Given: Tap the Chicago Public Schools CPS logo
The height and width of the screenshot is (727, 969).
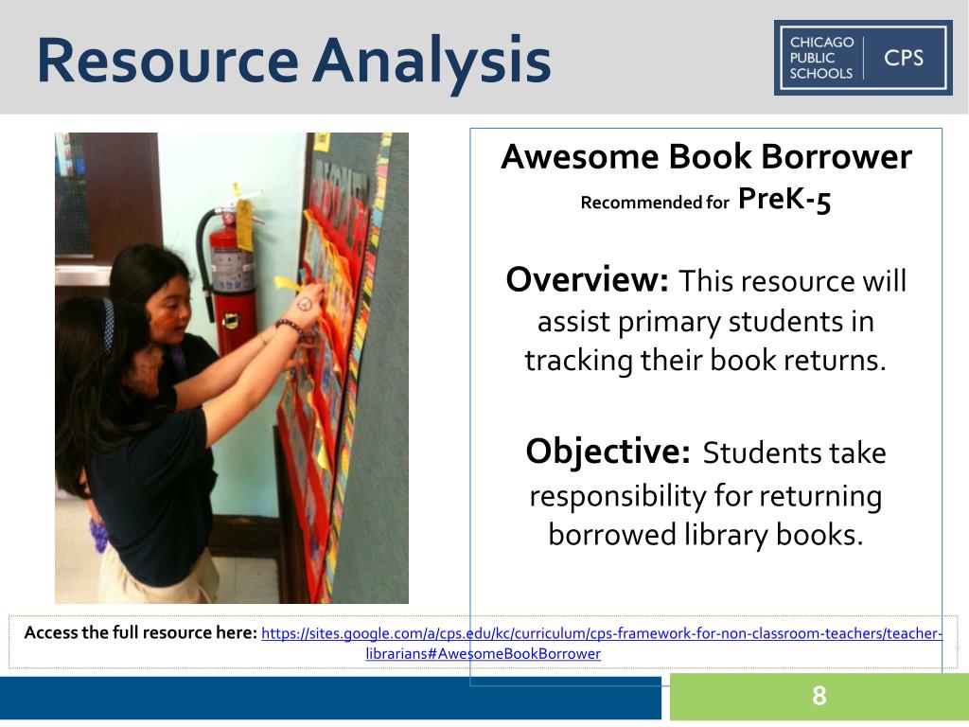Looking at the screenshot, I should pyautogui.click(x=862, y=58).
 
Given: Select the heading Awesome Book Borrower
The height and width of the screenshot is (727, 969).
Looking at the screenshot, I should pyautogui.click(x=706, y=156).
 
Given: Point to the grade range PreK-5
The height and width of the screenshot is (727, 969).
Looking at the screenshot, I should pyautogui.click(x=784, y=200).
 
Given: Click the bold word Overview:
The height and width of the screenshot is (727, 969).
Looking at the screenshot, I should pyautogui.click(x=588, y=280).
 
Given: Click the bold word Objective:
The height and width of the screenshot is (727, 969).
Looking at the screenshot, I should pyautogui.click(x=608, y=452).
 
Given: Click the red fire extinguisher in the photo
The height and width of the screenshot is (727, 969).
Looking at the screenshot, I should pyautogui.click(x=232, y=275).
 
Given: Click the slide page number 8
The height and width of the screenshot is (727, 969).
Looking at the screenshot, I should pyautogui.click(x=819, y=697).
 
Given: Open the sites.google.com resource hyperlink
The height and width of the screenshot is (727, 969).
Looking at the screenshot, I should pyautogui.click(x=601, y=633).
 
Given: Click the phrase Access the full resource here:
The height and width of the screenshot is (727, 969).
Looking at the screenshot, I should pyautogui.click(x=140, y=632).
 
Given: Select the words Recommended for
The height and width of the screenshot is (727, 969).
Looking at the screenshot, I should pyautogui.click(x=655, y=203).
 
